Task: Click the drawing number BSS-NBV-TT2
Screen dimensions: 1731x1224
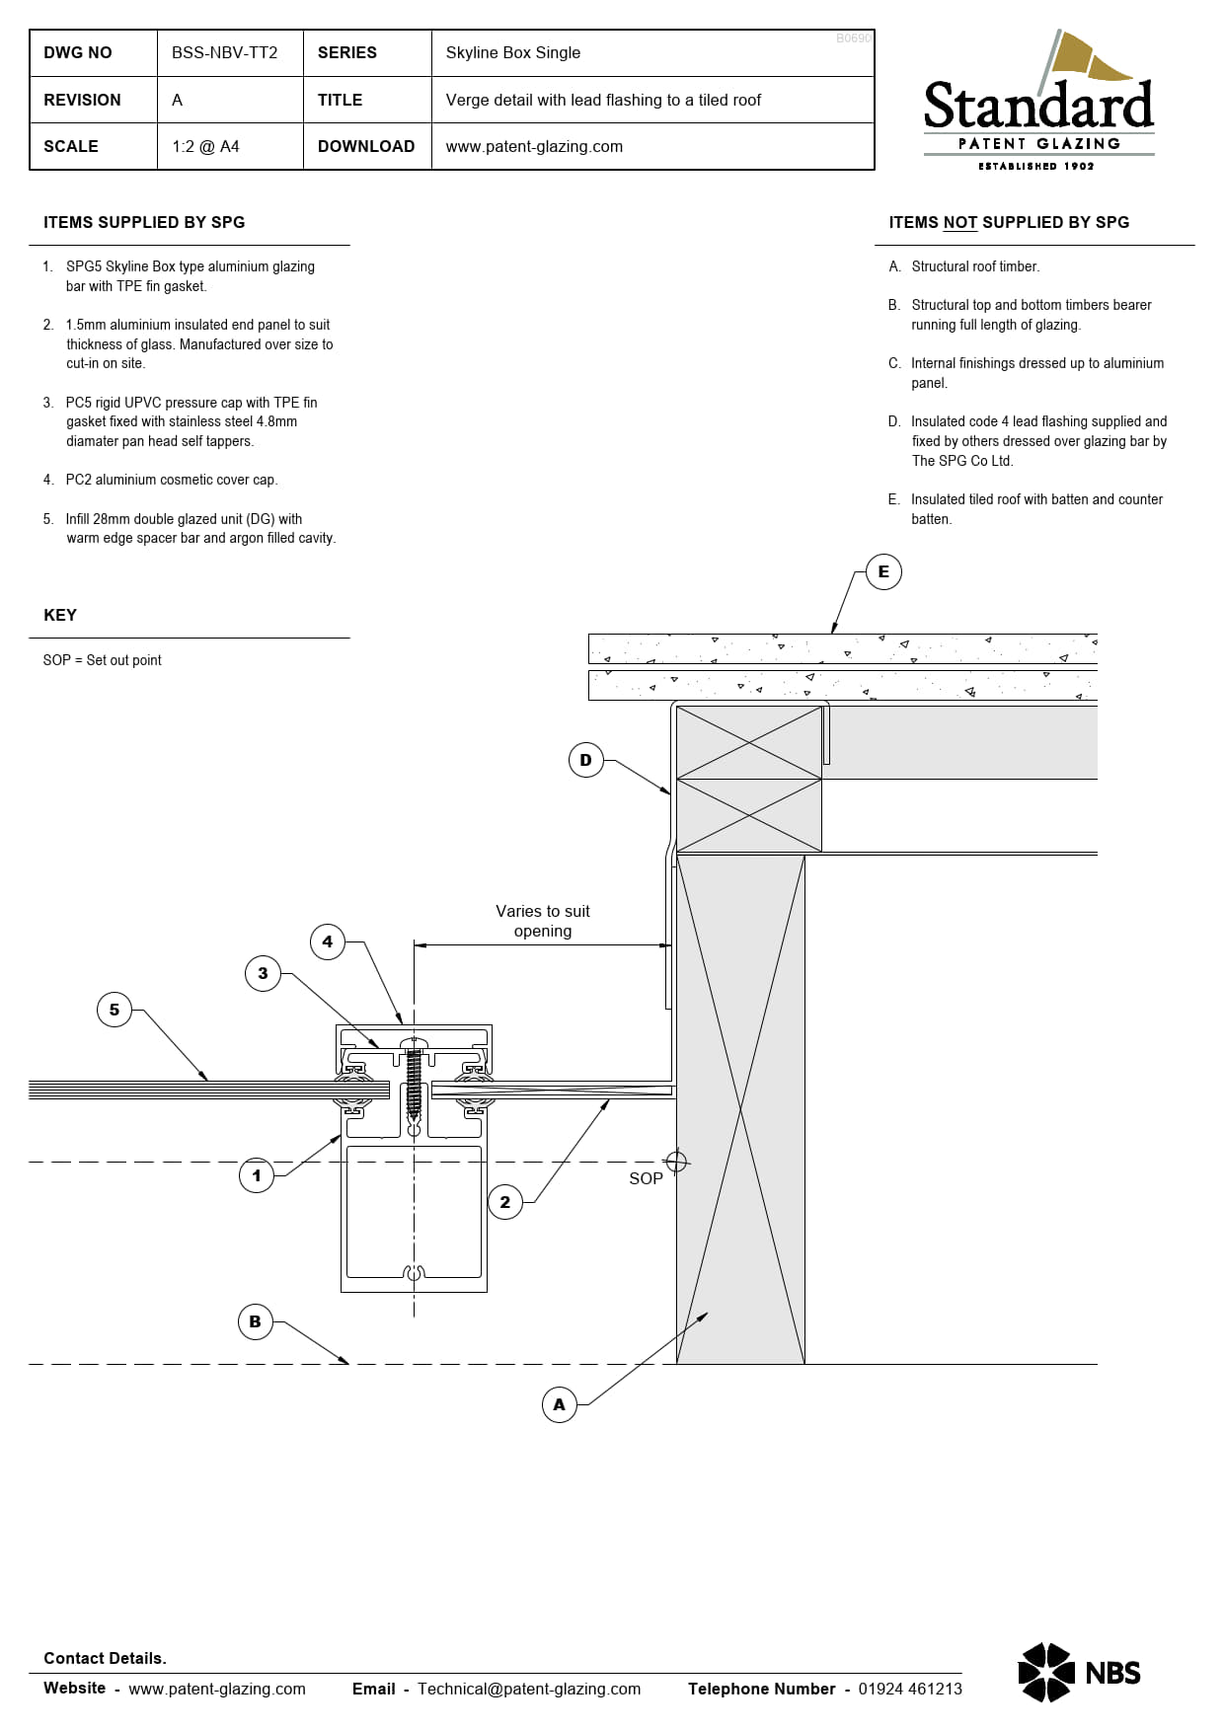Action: point(224,52)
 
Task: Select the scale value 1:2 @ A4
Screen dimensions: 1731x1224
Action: point(205,146)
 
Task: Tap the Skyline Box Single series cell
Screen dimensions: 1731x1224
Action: point(512,52)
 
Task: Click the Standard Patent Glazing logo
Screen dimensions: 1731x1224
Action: point(1038,104)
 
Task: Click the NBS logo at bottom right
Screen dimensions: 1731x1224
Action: point(1079,1673)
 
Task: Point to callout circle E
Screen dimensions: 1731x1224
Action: point(883,571)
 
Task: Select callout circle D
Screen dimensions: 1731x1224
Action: point(585,760)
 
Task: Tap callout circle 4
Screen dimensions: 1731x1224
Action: point(328,941)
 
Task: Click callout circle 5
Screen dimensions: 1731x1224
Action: point(115,1010)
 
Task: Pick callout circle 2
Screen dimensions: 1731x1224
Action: point(505,1202)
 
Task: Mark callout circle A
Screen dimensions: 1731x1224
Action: point(560,1404)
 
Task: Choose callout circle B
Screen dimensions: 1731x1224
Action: point(256,1321)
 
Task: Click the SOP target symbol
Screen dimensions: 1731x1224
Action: point(676,1162)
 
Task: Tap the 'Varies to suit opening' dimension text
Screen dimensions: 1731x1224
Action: point(542,921)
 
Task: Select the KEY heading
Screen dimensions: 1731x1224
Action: point(60,615)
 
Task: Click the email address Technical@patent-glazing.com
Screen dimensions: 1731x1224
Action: point(528,1689)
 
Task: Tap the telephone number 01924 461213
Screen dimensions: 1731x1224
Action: point(909,1689)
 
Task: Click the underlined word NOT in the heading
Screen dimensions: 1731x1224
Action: point(959,223)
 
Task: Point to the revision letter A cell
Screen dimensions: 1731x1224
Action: point(178,100)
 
